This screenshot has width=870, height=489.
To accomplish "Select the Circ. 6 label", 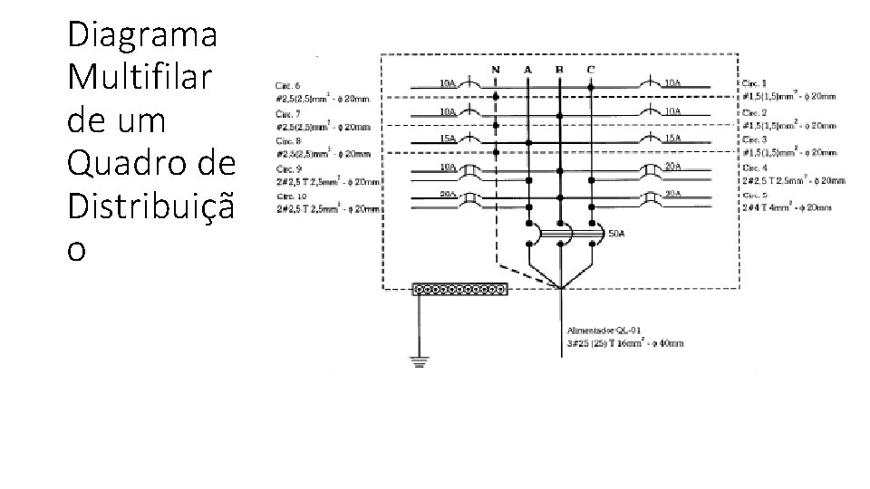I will tap(290, 83).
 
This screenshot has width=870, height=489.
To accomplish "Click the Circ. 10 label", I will tap(292, 197).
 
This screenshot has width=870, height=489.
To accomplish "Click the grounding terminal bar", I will tap(459, 290).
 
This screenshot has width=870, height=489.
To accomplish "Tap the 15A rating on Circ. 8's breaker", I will tap(447, 139).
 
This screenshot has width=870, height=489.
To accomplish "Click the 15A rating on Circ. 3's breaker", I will tap(673, 139).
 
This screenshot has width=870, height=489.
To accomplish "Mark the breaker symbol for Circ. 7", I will tap(470, 115).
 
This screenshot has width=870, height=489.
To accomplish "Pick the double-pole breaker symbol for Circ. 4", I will tap(650, 170).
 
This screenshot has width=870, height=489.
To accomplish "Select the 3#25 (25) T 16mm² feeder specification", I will tap(625, 344).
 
